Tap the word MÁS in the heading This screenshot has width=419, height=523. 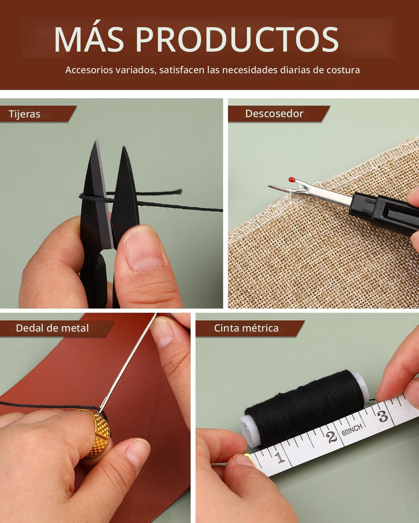point(89,38)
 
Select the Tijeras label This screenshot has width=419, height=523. point(25,114)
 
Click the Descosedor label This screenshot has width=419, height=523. point(274,113)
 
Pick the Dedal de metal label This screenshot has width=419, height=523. point(52,328)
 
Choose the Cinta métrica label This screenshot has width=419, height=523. point(246,328)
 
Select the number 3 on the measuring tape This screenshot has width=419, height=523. point(383,416)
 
